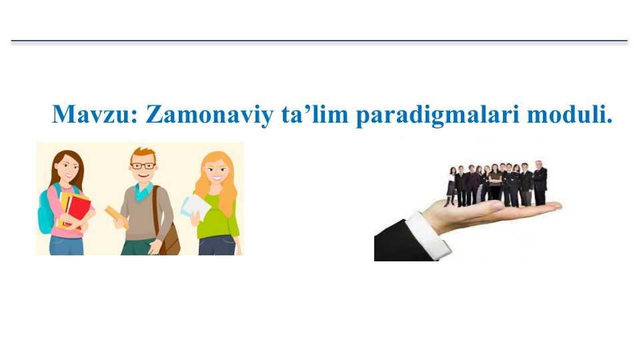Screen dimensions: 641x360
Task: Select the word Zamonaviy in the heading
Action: pos(209,115)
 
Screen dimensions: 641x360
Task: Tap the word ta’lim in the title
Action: pos(315,114)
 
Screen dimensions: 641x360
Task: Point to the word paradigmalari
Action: pos(438,115)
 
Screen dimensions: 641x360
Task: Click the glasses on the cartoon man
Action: pos(143,166)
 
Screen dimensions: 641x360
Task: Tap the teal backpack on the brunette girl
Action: pos(46,211)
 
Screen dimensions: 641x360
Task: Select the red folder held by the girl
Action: pos(77,211)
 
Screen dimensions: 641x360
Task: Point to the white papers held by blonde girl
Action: pos(195,207)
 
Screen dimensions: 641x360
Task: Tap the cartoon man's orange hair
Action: pos(143,155)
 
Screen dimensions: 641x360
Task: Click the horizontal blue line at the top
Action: pos(319,41)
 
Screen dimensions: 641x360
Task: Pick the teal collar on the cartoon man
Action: pos(144,191)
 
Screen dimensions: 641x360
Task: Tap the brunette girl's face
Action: pos(67,168)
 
